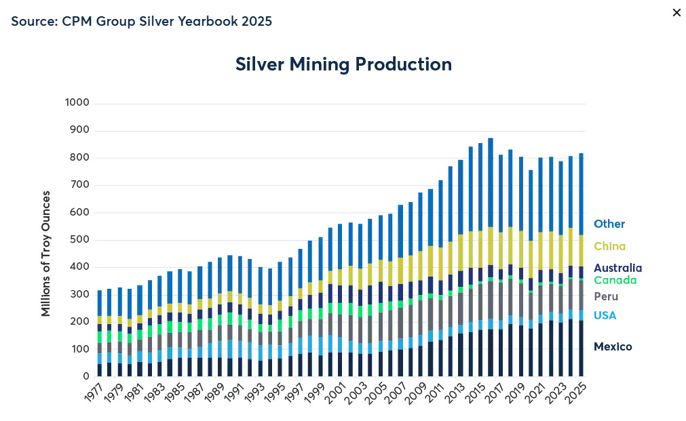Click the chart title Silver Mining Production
pos(343,64)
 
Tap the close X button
pos(676,13)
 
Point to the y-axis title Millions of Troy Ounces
pos(46,254)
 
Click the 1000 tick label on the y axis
pos(77,103)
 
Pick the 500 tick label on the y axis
pos(79,240)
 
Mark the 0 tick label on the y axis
pos(86,376)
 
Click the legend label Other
pos(609,224)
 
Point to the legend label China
pos(609,247)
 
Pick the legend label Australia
pos(617,268)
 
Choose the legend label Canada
pos(615,281)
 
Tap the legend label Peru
pos(605,297)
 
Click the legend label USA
pos(605,315)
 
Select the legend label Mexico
pos(613,347)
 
